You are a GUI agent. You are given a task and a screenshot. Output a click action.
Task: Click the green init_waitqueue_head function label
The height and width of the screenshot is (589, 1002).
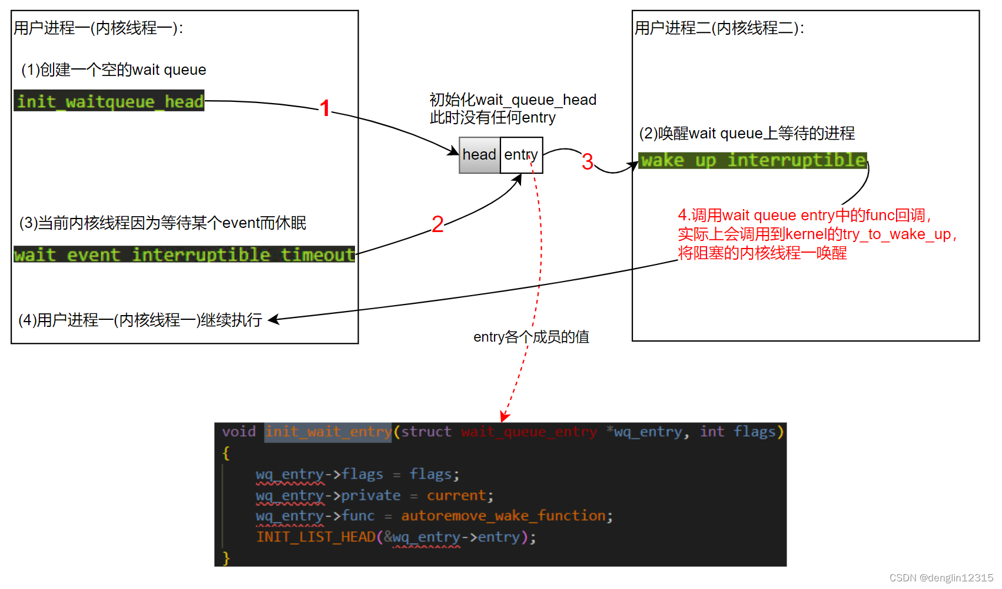point(110,101)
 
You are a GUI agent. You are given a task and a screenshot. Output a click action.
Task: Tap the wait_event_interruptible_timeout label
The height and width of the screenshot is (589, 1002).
point(184,254)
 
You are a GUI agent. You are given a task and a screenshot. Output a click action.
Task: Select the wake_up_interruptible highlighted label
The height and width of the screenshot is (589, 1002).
point(753,160)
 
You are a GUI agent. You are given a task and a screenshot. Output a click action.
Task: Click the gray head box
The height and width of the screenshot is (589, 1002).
point(479,155)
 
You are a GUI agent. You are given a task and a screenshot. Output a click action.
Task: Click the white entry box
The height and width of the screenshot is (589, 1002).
point(521,155)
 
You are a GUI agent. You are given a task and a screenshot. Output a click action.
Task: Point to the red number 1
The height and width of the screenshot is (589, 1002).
point(325,108)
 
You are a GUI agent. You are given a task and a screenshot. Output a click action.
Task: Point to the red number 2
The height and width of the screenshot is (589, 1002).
point(437,224)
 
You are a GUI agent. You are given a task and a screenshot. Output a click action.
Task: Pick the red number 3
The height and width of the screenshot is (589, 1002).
point(587,162)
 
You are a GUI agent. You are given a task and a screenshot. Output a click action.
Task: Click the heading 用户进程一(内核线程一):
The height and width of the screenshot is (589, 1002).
point(98,28)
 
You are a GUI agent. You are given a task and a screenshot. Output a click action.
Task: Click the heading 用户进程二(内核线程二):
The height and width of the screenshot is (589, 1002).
point(719,28)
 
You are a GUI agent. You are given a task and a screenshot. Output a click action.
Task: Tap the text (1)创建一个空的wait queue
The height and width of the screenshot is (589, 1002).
point(114,70)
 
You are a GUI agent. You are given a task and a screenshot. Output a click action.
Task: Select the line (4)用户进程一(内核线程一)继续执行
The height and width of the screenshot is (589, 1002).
point(140,320)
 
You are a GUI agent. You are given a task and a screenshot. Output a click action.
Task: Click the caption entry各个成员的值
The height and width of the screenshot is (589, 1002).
point(531,337)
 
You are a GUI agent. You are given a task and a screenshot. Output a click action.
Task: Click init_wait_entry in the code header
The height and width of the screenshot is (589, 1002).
point(328,432)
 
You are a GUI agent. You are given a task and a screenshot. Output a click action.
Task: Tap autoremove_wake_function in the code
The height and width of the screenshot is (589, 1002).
point(503,516)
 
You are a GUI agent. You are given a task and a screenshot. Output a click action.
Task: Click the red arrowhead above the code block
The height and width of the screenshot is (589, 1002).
point(504,417)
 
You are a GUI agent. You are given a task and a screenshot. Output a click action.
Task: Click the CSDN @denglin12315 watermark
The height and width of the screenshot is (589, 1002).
point(941,578)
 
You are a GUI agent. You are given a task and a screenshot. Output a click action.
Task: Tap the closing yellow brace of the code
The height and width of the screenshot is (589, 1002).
point(226,558)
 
